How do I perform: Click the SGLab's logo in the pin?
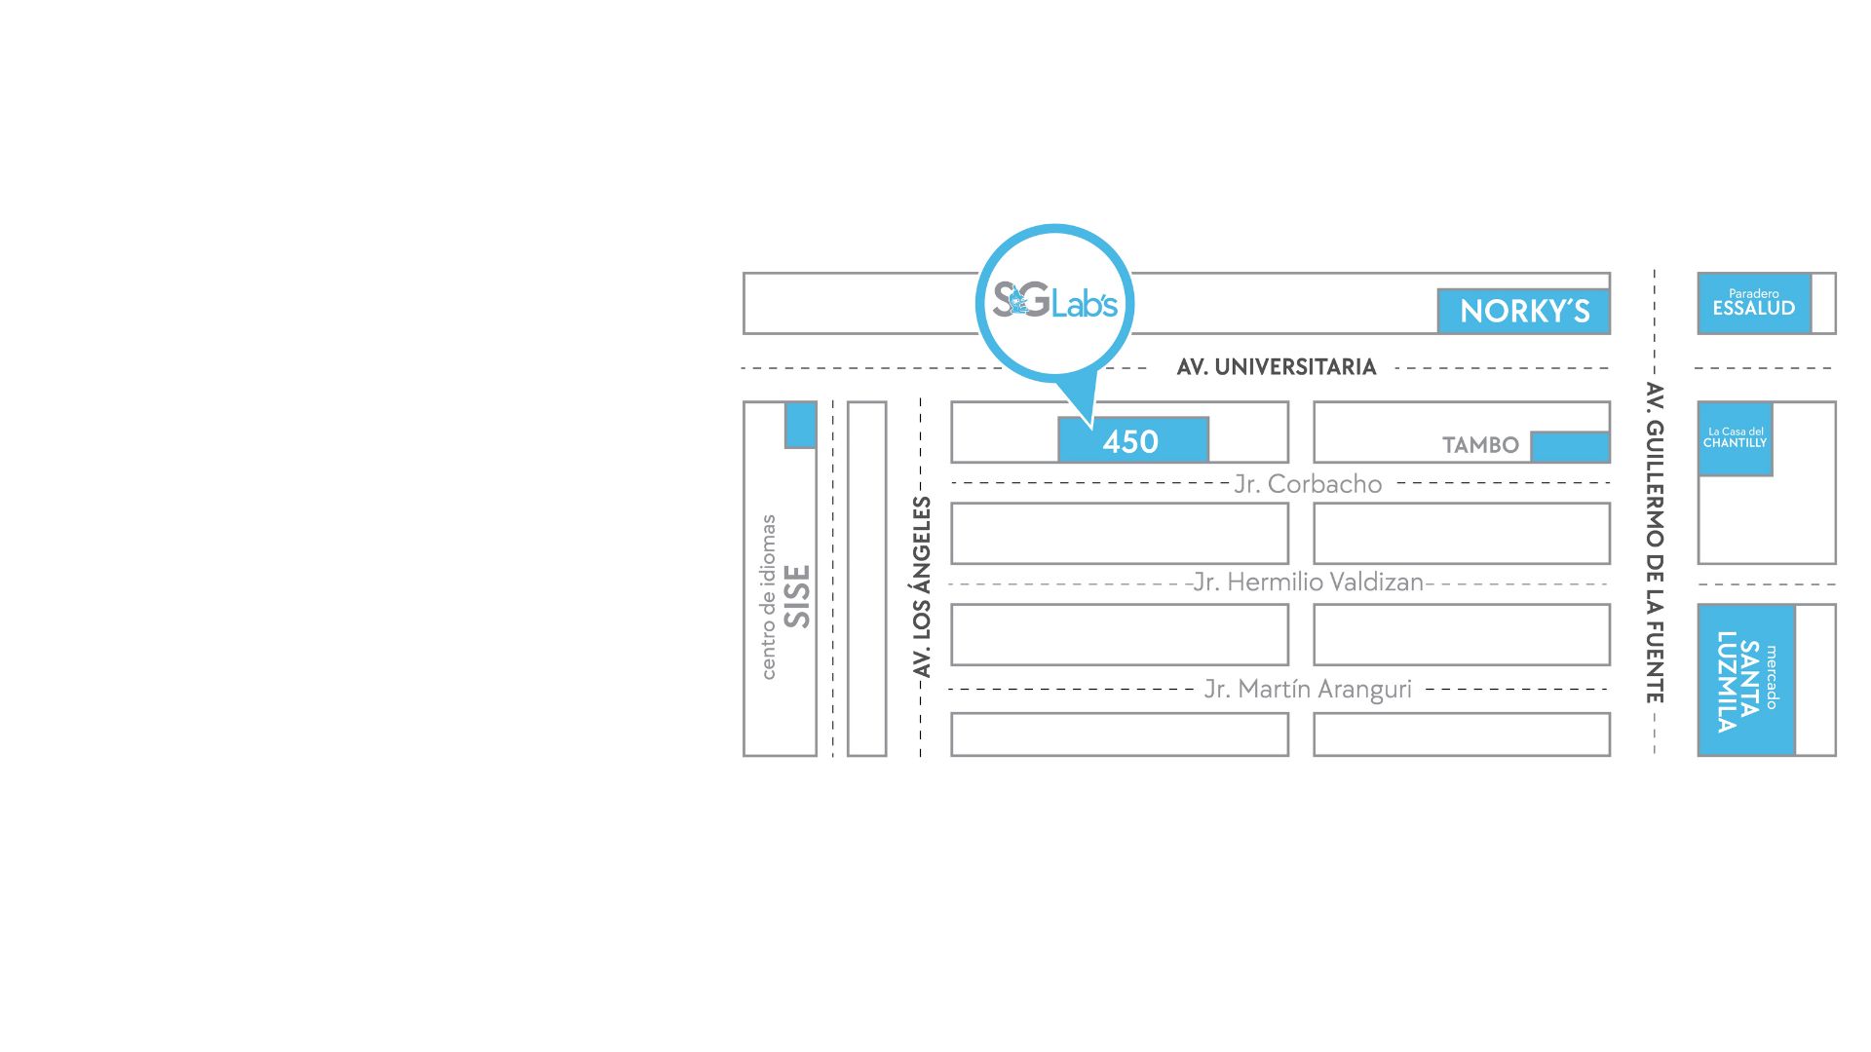tap(1054, 301)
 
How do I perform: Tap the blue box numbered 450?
tap(1132, 440)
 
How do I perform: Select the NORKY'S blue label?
tap(1523, 311)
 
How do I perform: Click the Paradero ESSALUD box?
tap(1753, 303)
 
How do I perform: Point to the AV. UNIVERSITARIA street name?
tap(1276, 367)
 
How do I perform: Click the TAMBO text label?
tap(1479, 445)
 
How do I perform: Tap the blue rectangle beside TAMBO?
tap(1569, 446)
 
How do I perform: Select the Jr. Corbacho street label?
tap(1308, 484)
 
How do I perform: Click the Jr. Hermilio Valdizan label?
tap(1308, 582)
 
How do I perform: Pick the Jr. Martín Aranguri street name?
tap(1308, 690)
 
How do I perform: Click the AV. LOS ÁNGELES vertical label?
tap(922, 586)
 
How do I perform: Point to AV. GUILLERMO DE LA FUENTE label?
tap(1654, 543)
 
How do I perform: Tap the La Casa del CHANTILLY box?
tap(1735, 438)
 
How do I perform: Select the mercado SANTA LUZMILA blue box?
tap(1745, 680)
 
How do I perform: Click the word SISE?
tap(797, 596)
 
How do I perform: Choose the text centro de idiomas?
tap(768, 596)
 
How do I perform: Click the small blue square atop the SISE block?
tap(800, 424)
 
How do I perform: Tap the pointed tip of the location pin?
tap(1090, 425)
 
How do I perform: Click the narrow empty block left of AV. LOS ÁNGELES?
tap(866, 579)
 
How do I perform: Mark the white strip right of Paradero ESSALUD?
tap(1823, 303)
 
